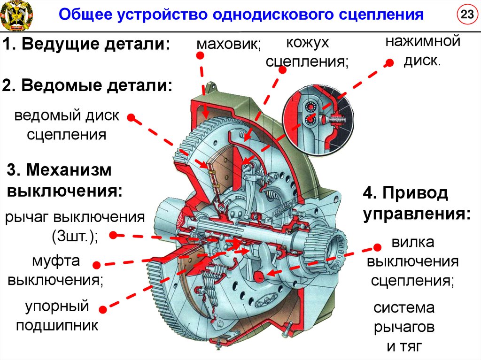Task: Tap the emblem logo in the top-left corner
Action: [x=16, y=14]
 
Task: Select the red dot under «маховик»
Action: [x=200, y=55]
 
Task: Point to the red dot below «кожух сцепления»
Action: [x=282, y=69]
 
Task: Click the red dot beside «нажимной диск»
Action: [x=389, y=63]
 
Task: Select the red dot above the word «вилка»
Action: [x=377, y=247]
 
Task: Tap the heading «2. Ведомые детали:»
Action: [x=87, y=86]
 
